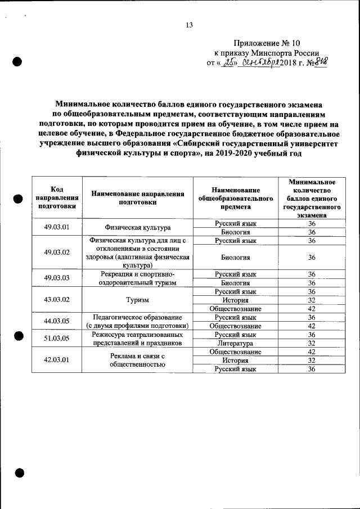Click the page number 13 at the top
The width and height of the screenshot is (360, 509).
pos(189,25)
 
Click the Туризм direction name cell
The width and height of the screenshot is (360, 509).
pos(137,300)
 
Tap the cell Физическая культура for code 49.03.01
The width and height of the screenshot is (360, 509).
pos(137,228)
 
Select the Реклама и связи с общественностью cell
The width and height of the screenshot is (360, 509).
pos(137,361)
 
